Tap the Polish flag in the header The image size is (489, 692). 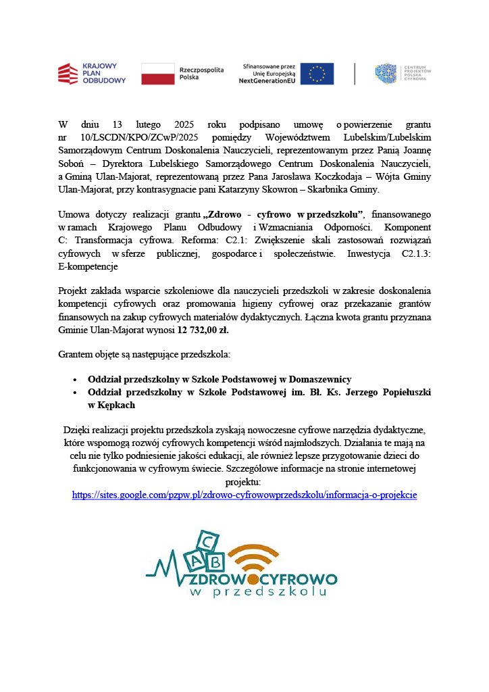click(x=157, y=74)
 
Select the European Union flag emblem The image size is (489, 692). click(x=317, y=74)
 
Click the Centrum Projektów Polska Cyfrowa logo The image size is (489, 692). click(x=403, y=74)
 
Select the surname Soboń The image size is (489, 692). click(x=72, y=163)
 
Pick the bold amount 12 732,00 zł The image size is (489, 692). click(x=203, y=330)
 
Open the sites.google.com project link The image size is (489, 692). click(x=244, y=495)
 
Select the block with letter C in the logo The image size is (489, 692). click(x=208, y=541)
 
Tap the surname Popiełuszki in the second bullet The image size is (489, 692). click(x=399, y=392)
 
